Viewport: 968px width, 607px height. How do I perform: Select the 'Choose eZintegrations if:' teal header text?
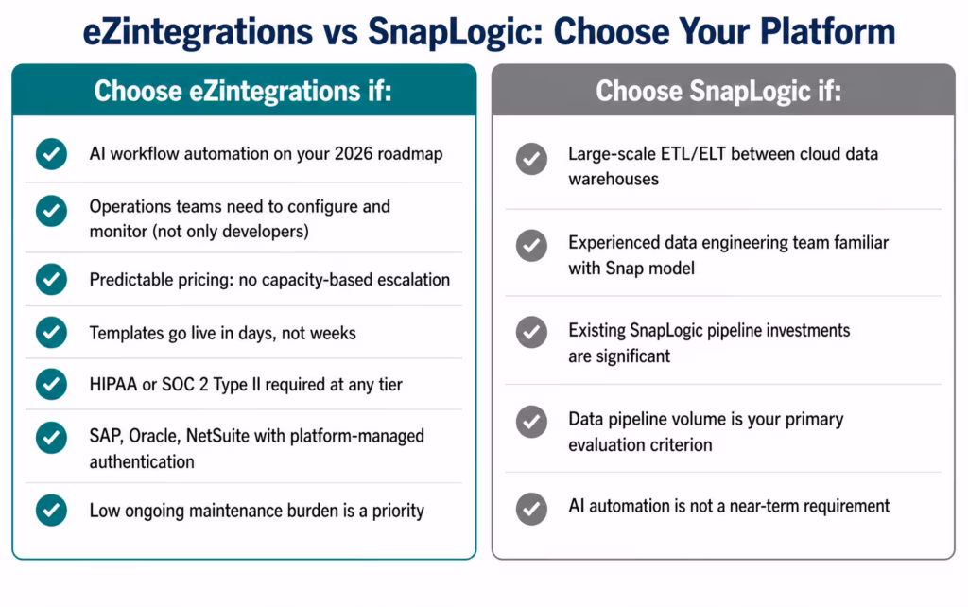point(243,92)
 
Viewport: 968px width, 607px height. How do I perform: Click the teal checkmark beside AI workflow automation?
point(51,154)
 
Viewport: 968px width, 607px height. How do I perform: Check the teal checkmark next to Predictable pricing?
point(51,280)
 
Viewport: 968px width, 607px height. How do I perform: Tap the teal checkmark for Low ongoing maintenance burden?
point(51,510)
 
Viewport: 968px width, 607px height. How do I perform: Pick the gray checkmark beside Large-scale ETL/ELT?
point(531,159)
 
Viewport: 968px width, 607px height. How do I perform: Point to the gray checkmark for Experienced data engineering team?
point(531,246)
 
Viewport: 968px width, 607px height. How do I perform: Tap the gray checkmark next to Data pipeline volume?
point(531,421)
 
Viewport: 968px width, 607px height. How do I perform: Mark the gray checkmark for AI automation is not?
point(531,507)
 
